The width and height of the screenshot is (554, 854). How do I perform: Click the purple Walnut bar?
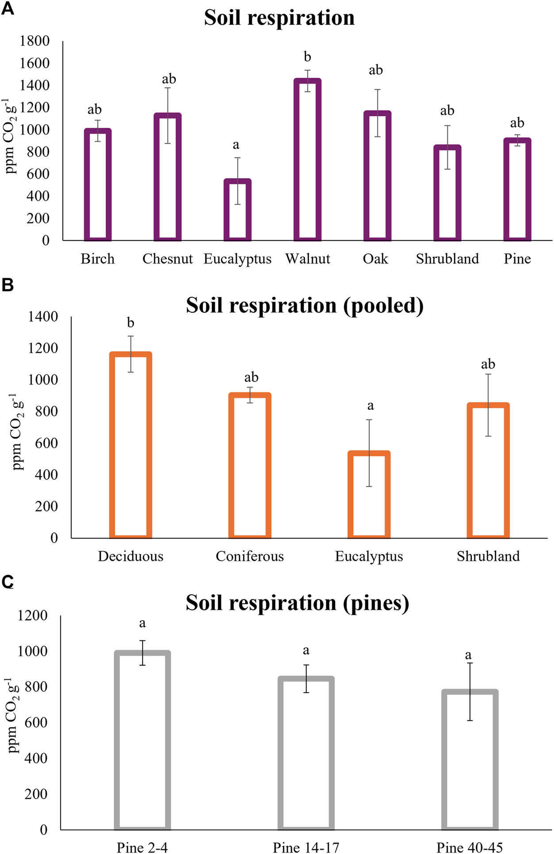308,160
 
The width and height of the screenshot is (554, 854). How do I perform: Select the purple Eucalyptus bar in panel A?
238,210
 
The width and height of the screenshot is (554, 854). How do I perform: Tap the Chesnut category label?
167,259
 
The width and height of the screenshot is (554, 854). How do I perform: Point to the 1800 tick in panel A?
35,41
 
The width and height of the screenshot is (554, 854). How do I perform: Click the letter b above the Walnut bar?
308,57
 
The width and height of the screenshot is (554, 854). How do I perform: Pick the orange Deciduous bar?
131,445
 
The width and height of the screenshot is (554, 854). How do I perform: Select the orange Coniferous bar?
250,465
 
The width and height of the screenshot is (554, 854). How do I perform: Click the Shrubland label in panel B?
488,556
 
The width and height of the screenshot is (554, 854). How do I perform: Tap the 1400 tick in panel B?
43,317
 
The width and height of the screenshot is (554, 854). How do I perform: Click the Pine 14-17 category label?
306,847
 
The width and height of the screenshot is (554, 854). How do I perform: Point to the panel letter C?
8,582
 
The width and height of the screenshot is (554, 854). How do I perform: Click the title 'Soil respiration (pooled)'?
304,305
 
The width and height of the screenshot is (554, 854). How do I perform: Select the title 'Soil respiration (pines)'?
297,602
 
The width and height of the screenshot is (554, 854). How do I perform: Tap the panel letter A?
8,9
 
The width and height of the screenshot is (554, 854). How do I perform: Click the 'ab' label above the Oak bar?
376,70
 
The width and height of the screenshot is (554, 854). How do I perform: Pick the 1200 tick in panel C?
32,615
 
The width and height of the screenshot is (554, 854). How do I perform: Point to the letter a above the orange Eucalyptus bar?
370,406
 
